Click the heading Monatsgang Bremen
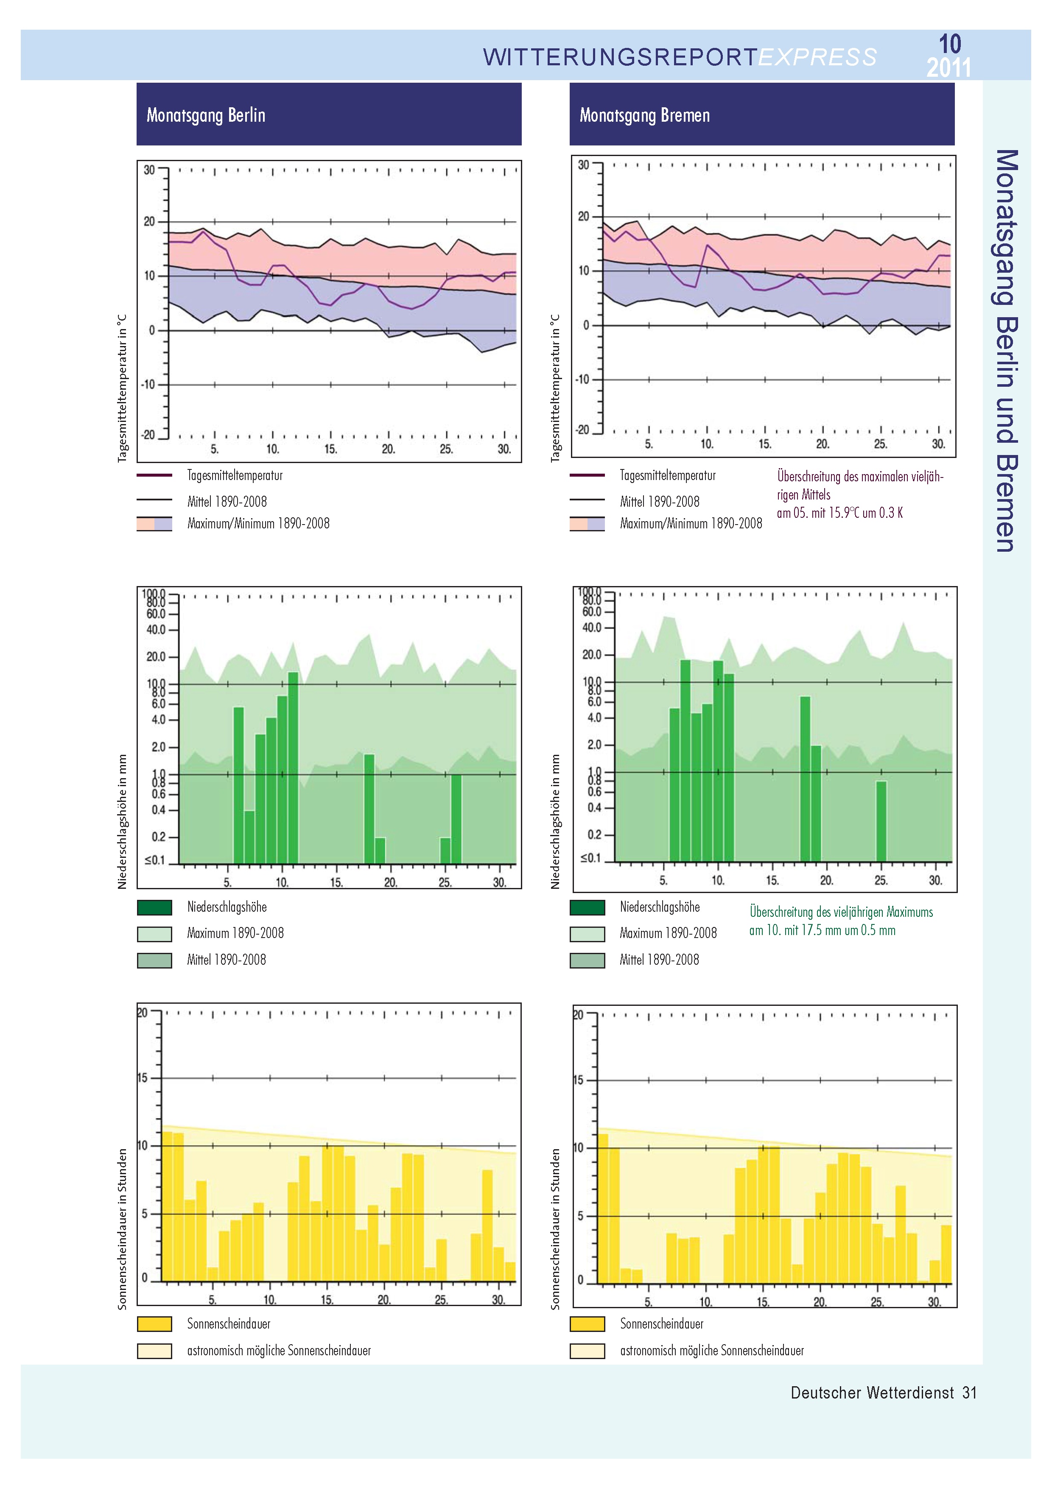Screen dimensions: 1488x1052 pyautogui.click(x=644, y=115)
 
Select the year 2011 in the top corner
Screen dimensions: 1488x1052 pyautogui.click(x=948, y=67)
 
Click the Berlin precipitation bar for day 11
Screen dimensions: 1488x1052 pyautogui.click(x=293, y=768)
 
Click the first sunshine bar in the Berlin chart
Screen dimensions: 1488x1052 pyautogui.click(x=167, y=1206)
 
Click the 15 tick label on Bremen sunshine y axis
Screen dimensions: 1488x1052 pyautogui.click(x=578, y=1080)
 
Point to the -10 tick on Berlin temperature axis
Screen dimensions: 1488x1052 pyautogui.click(x=149, y=384)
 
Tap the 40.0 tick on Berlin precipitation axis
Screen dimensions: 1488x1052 pyautogui.click(x=156, y=629)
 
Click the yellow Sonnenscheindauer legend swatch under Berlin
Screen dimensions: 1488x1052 pyautogui.click(x=154, y=1324)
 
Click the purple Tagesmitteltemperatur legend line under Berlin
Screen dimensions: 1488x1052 pyautogui.click(x=154, y=475)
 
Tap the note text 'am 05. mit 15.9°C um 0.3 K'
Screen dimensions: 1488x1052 pyautogui.click(x=839, y=513)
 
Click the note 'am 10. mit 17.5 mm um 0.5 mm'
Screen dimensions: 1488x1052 pyautogui.click(x=822, y=930)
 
